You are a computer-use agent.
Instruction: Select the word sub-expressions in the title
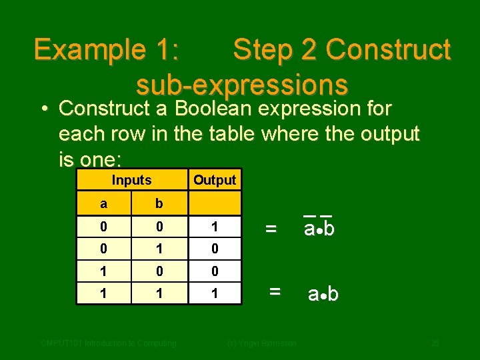coord(241,85)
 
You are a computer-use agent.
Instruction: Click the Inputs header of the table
coord(131,180)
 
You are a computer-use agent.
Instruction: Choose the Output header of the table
coord(214,180)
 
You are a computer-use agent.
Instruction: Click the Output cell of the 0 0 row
coord(214,227)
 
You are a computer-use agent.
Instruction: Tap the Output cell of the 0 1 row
coord(214,249)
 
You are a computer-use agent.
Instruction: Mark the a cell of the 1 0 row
coord(103,272)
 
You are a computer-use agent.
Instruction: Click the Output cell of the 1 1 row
coord(214,293)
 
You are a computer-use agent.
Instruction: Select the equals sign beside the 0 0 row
coord(271,229)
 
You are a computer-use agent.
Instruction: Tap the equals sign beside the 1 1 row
coord(274,291)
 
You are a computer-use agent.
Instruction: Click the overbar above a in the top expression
coord(309,215)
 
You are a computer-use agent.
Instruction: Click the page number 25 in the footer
coord(435,343)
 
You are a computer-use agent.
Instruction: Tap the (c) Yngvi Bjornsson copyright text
coord(262,343)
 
